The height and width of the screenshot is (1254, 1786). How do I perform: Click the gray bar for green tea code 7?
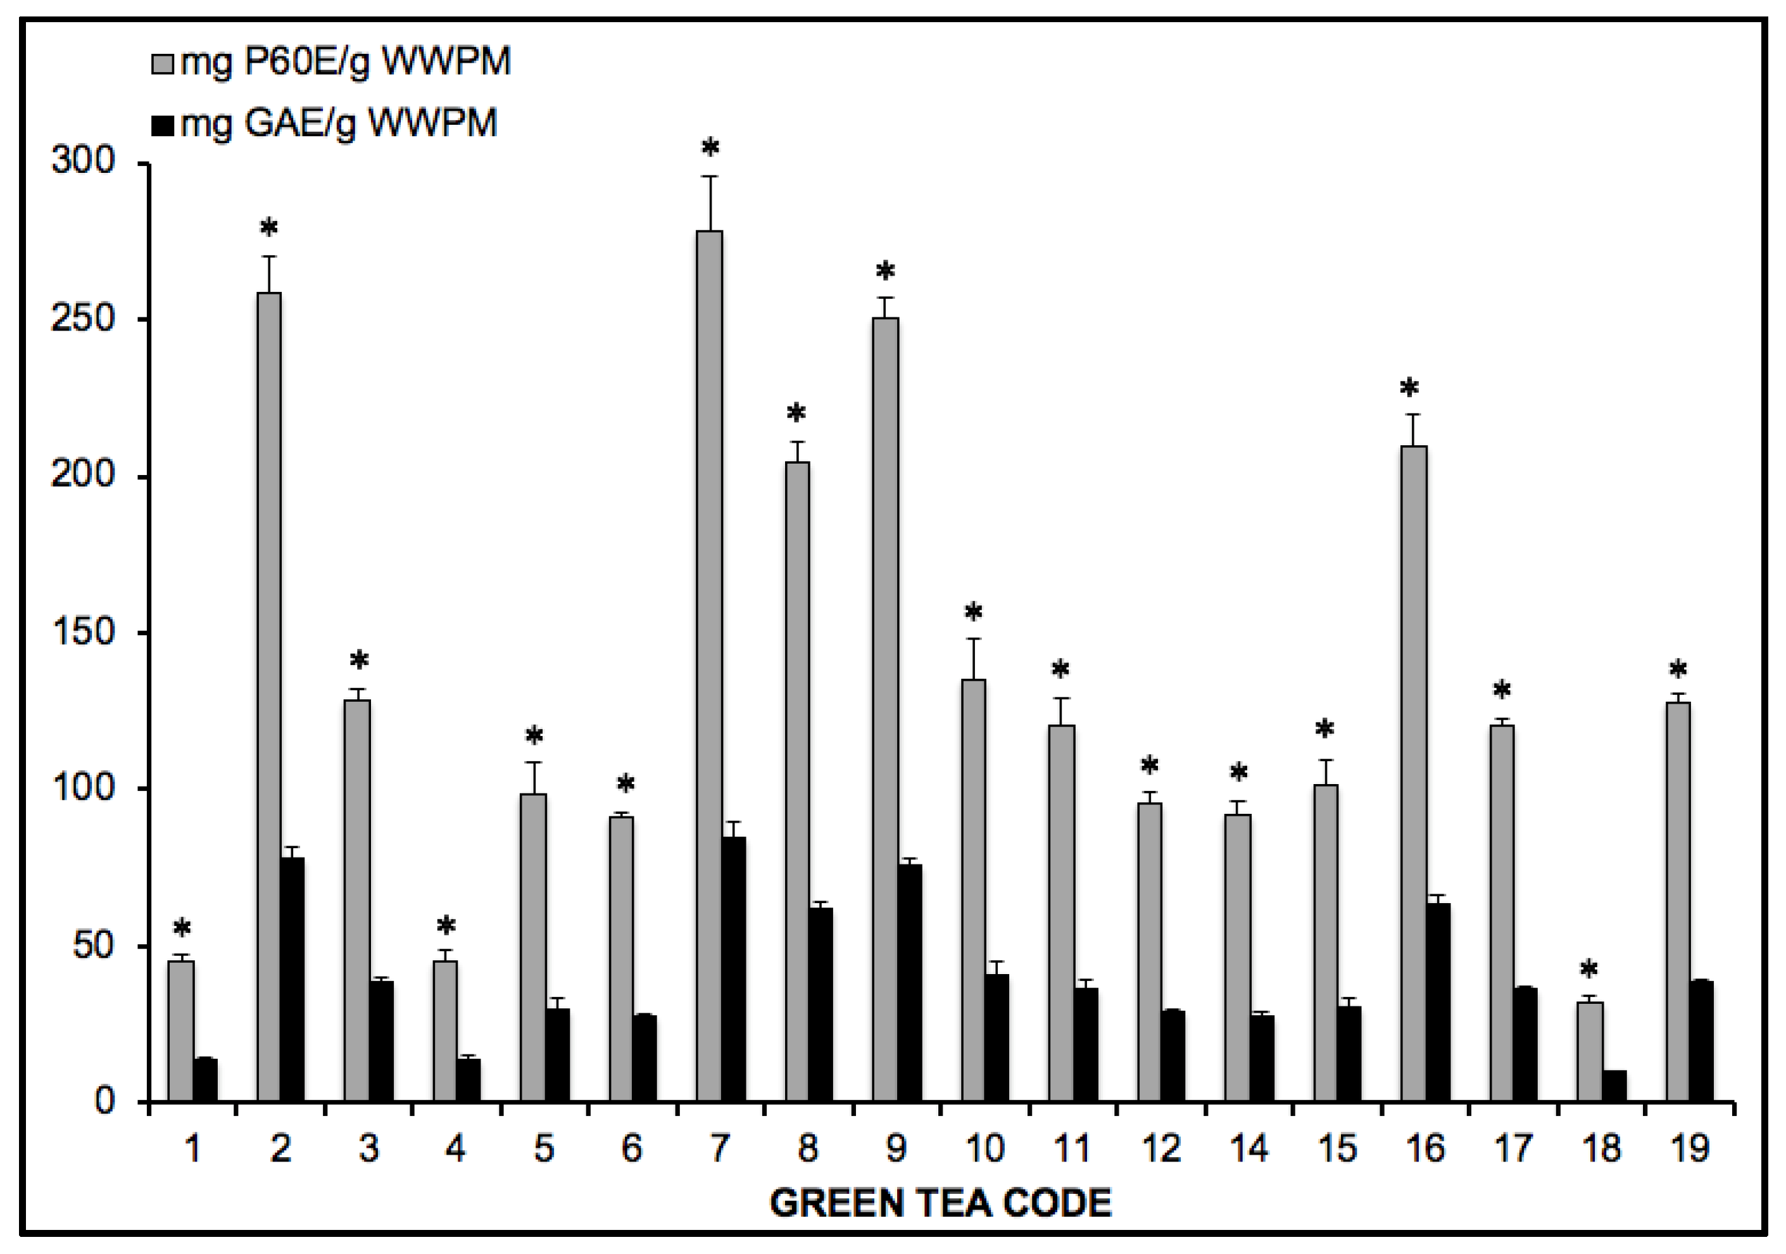click(710, 665)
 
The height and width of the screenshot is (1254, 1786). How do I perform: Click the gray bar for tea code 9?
click(885, 709)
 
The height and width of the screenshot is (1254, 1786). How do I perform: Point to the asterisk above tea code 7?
click(710, 148)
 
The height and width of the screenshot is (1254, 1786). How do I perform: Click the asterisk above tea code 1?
click(181, 928)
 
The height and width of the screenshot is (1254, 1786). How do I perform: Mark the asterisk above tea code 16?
click(1409, 388)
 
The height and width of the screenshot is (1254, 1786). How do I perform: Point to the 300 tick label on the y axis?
click(82, 161)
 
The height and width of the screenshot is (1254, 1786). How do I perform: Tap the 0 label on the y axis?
click(105, 1101)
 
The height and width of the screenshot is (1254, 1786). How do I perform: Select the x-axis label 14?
click(1248, 1149)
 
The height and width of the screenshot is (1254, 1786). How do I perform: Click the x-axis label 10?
click(984, 1149)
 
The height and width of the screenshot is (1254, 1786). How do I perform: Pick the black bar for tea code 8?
click(821, 1003)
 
